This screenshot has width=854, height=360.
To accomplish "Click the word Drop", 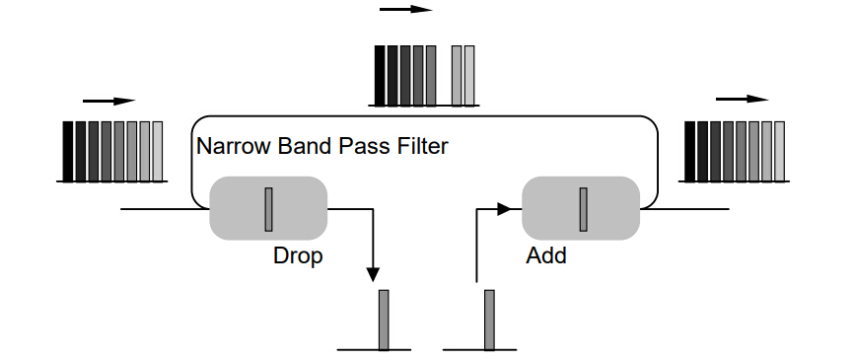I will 299,255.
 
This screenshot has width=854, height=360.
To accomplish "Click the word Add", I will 546,255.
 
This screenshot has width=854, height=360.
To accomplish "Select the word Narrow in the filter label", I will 230,147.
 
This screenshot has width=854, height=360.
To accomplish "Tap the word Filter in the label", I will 423,147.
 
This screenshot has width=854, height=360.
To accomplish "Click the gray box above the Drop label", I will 267,207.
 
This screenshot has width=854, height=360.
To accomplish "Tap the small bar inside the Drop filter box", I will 268,207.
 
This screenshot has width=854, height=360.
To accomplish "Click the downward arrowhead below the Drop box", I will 374,272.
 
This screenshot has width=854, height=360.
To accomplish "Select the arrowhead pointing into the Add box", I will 505,208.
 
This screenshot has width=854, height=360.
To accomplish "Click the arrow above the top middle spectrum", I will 405,9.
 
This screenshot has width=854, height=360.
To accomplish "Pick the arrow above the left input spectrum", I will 108,101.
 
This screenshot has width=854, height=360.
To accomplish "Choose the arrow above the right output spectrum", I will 742,99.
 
